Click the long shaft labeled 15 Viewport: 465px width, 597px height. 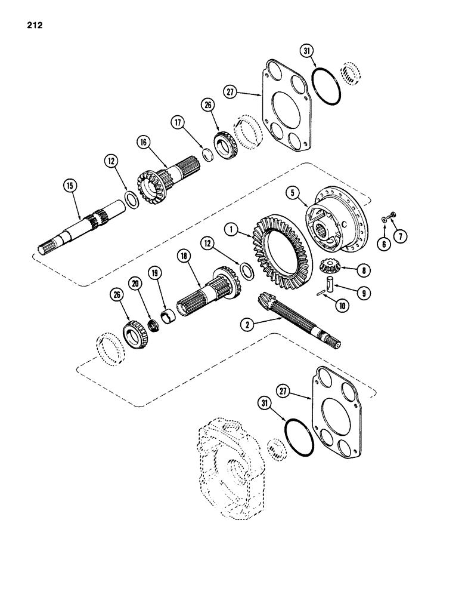(x=83, y=227)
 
